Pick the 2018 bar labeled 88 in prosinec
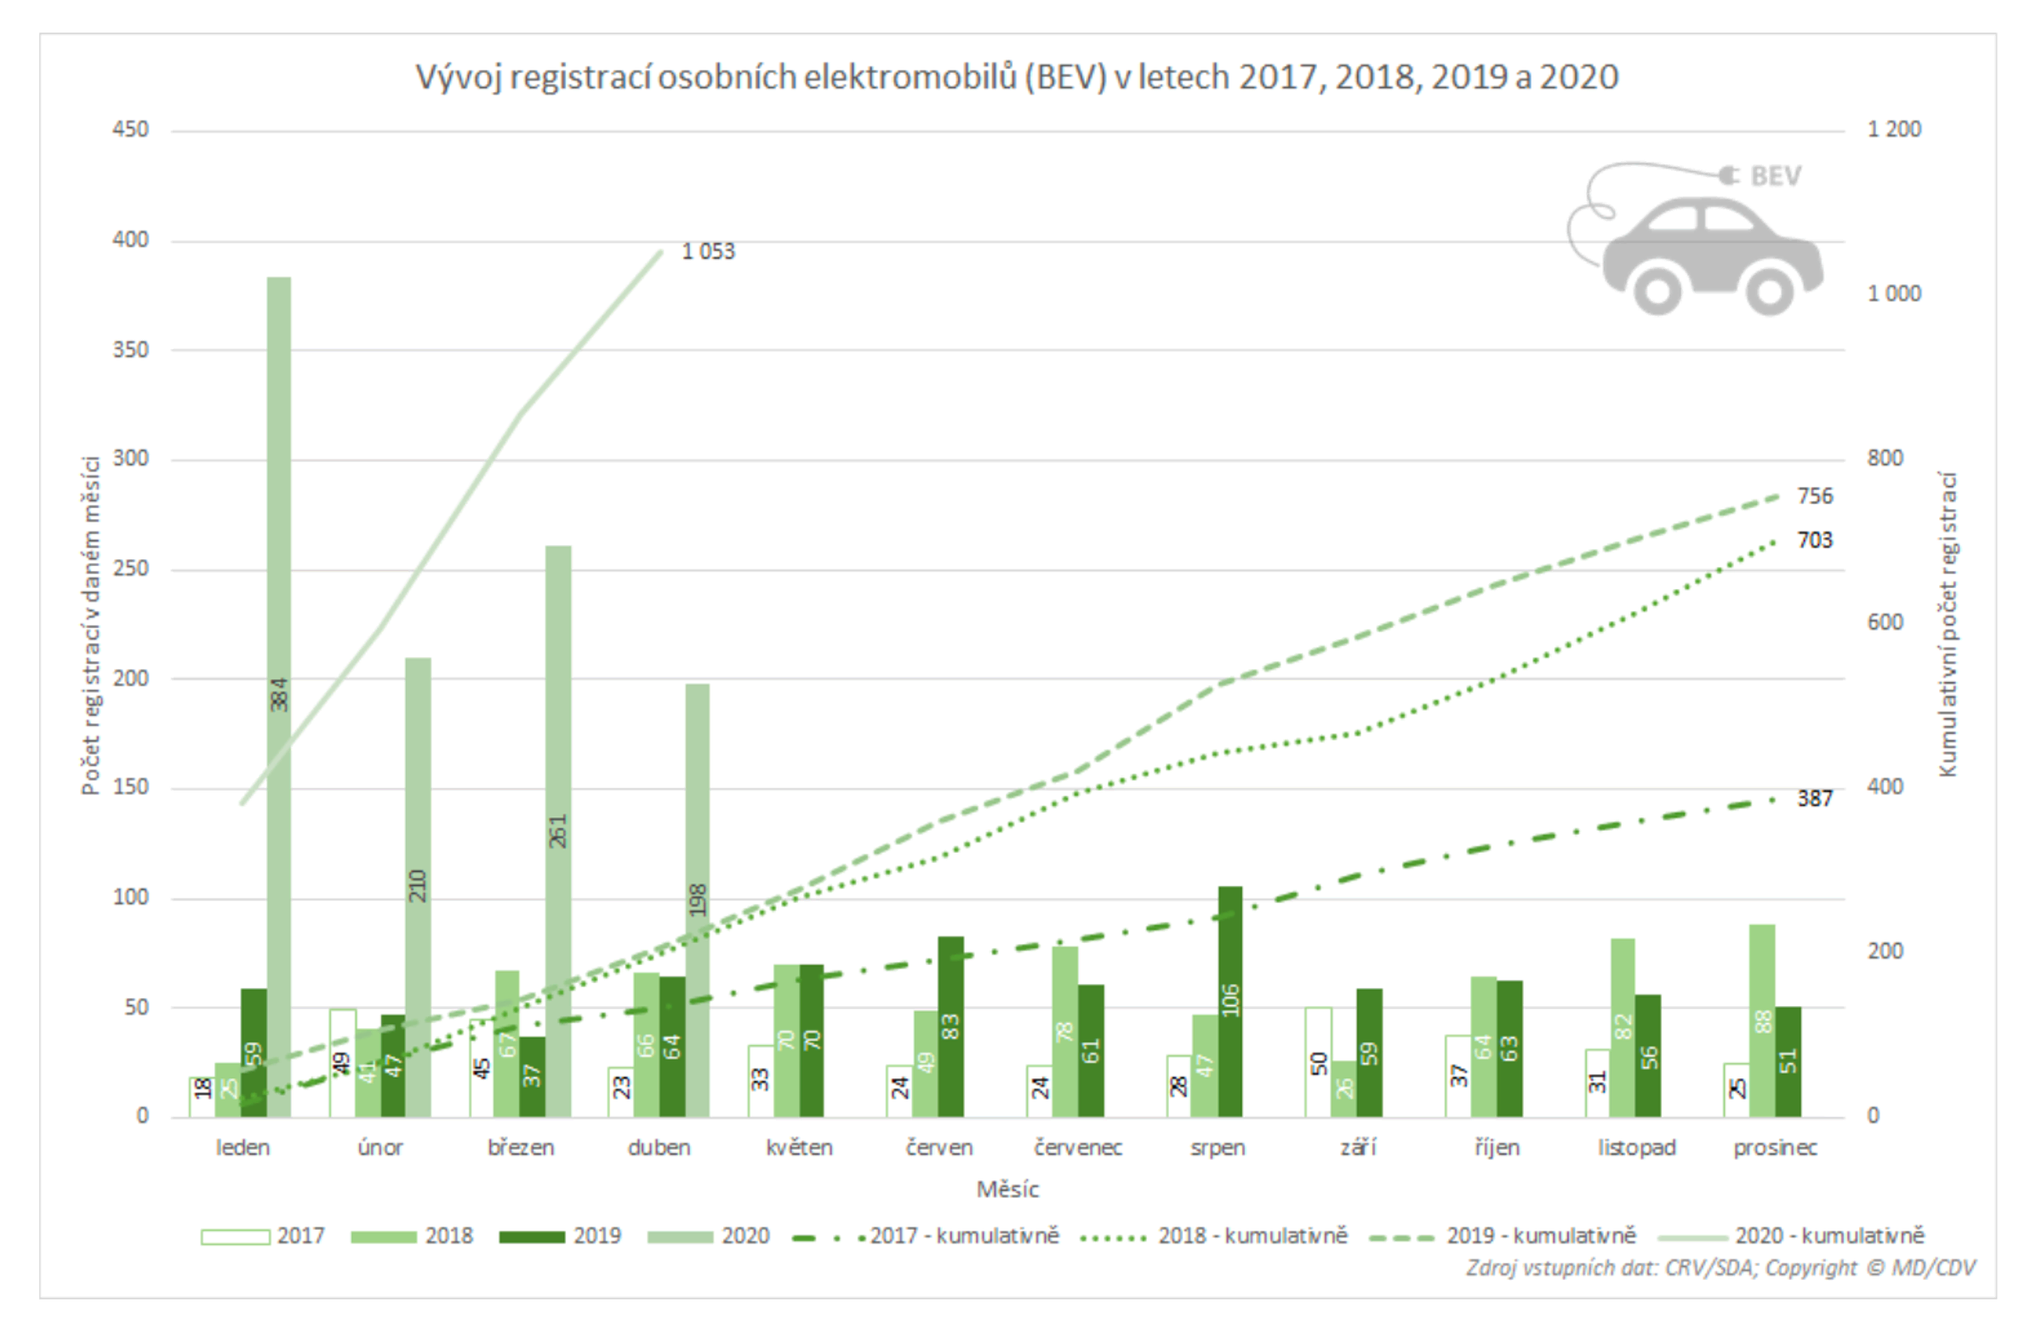click(x=1762, y=1021)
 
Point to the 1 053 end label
click(x=708, y=252)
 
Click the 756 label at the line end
click(x=1815, y=497)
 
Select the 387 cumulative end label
click(x=1815, y=799)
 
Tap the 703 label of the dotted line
click(x=1815, y=540)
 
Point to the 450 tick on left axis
click(x=130, y=129)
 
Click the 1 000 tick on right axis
click(x=1894, y=294)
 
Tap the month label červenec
click(x=1078, y=1148)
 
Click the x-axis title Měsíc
click(x=1007, y=1190)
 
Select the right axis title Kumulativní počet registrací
click(x=1948, y=625)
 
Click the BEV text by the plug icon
click(x=1775, y=176)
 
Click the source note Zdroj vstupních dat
click(x=1720, y=1268)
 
